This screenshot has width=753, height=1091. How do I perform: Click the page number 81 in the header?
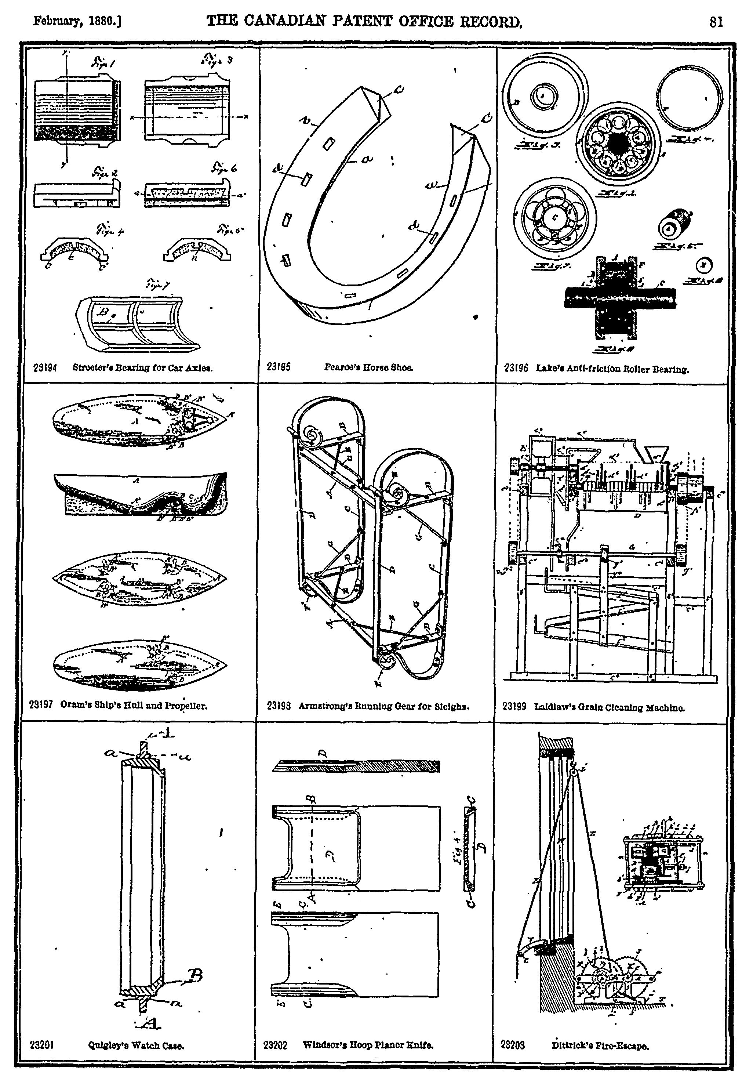click(x=715, y=22)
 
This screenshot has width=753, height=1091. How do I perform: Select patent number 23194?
click(x=45, y=367)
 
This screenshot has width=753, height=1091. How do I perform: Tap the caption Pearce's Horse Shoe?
click(x=368, y=367)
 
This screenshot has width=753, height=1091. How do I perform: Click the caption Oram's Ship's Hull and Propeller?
click(x=134, y=706)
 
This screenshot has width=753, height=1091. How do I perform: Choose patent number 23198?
click(x=279, y=706)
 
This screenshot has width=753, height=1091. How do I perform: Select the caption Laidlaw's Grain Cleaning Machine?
click(x=609, y=707)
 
